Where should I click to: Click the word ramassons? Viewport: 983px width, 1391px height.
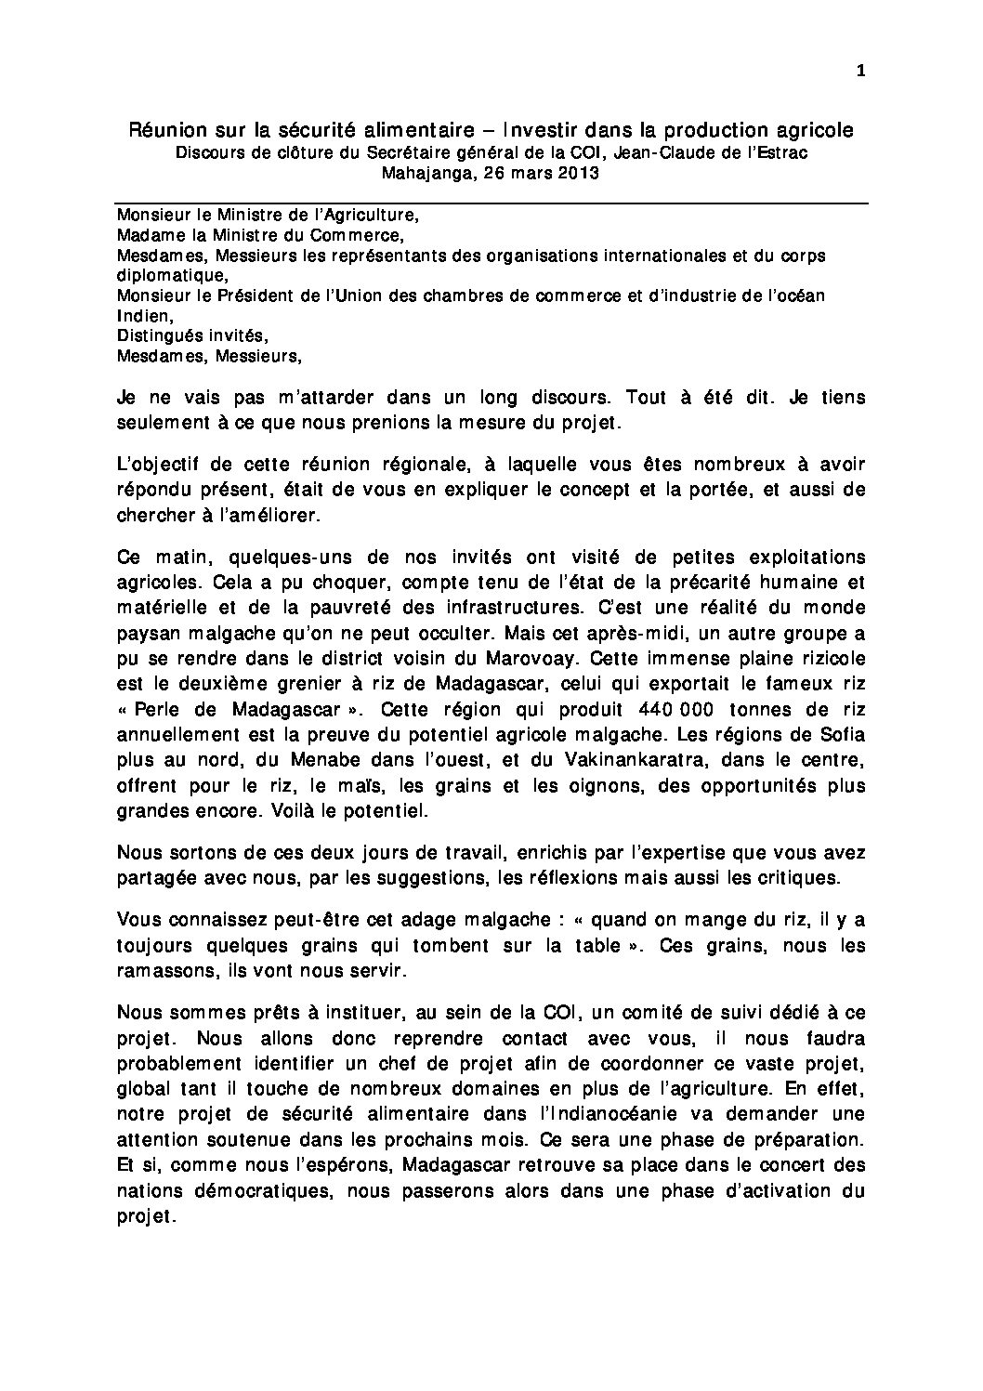[x=162, y=971]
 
